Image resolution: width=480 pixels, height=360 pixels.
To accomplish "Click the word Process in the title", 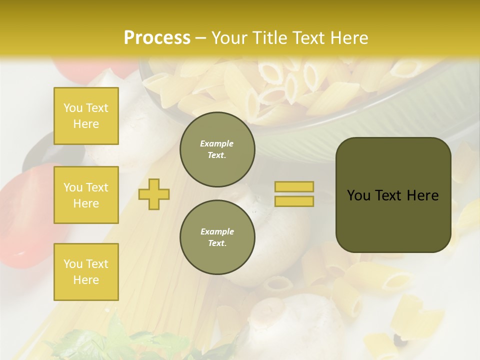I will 157,38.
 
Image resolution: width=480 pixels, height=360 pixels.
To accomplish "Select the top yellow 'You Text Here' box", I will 86,116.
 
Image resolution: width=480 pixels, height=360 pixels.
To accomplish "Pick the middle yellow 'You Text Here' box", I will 86,195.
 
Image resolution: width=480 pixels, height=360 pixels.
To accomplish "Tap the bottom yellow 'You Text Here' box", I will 86,271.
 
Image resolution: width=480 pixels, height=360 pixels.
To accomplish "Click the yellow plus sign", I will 154,193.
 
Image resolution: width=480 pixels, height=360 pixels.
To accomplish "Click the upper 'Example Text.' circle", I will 217,149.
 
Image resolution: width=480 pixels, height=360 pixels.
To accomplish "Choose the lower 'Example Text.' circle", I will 217,237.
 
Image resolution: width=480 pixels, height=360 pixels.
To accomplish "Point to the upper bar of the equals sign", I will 294,187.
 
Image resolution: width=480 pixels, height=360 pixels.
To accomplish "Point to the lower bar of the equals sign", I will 294,201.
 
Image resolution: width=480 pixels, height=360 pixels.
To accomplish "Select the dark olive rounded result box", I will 393,195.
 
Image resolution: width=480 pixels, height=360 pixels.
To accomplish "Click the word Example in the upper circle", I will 217,143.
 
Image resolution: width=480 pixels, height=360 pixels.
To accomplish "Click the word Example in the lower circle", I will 217,231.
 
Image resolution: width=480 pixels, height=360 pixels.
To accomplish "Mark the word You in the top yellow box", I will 72,108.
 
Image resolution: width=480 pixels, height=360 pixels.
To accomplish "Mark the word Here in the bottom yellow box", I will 86,280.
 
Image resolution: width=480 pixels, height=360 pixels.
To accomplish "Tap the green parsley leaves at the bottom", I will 120,340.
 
